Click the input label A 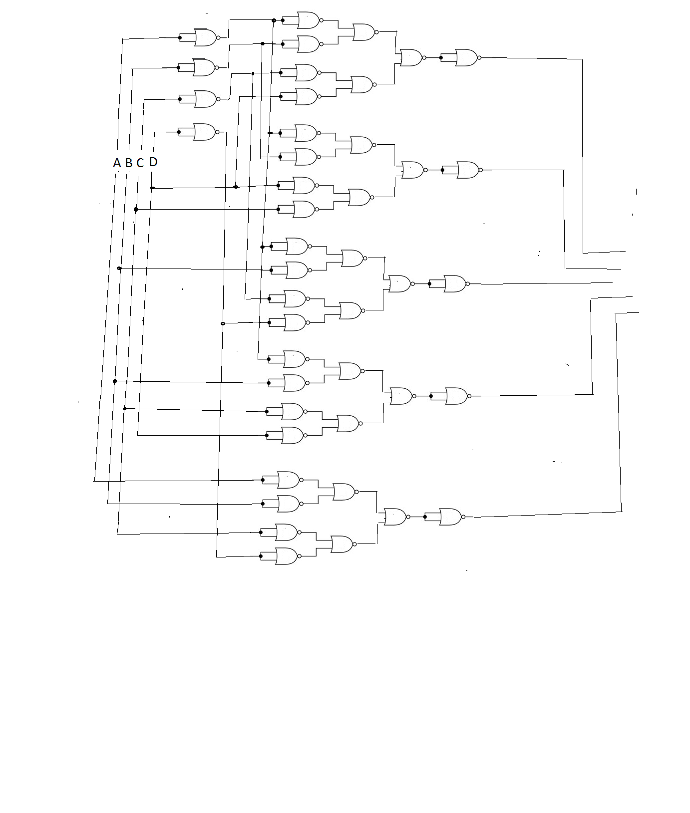pyautogui.click(x=117, y=163)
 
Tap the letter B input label pyautogui.click(x=129, y=163)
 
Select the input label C pyautogui.click(x=140, y=163)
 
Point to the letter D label pyautogui.click(x=153, y=162)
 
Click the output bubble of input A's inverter pyautogui.click(x=218, y=37)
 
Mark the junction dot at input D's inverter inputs pyautogui.click(x=179, y=132)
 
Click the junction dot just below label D pyautogui.click(x=153, y=188)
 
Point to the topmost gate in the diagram pyautogui.click(x=309, y=20)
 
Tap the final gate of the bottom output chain pyautogui.click(x=451, y=517)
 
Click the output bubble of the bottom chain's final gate pyautogui.click(x=464, y=517)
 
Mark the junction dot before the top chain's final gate pyautogui.click(x=441, y=58)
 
